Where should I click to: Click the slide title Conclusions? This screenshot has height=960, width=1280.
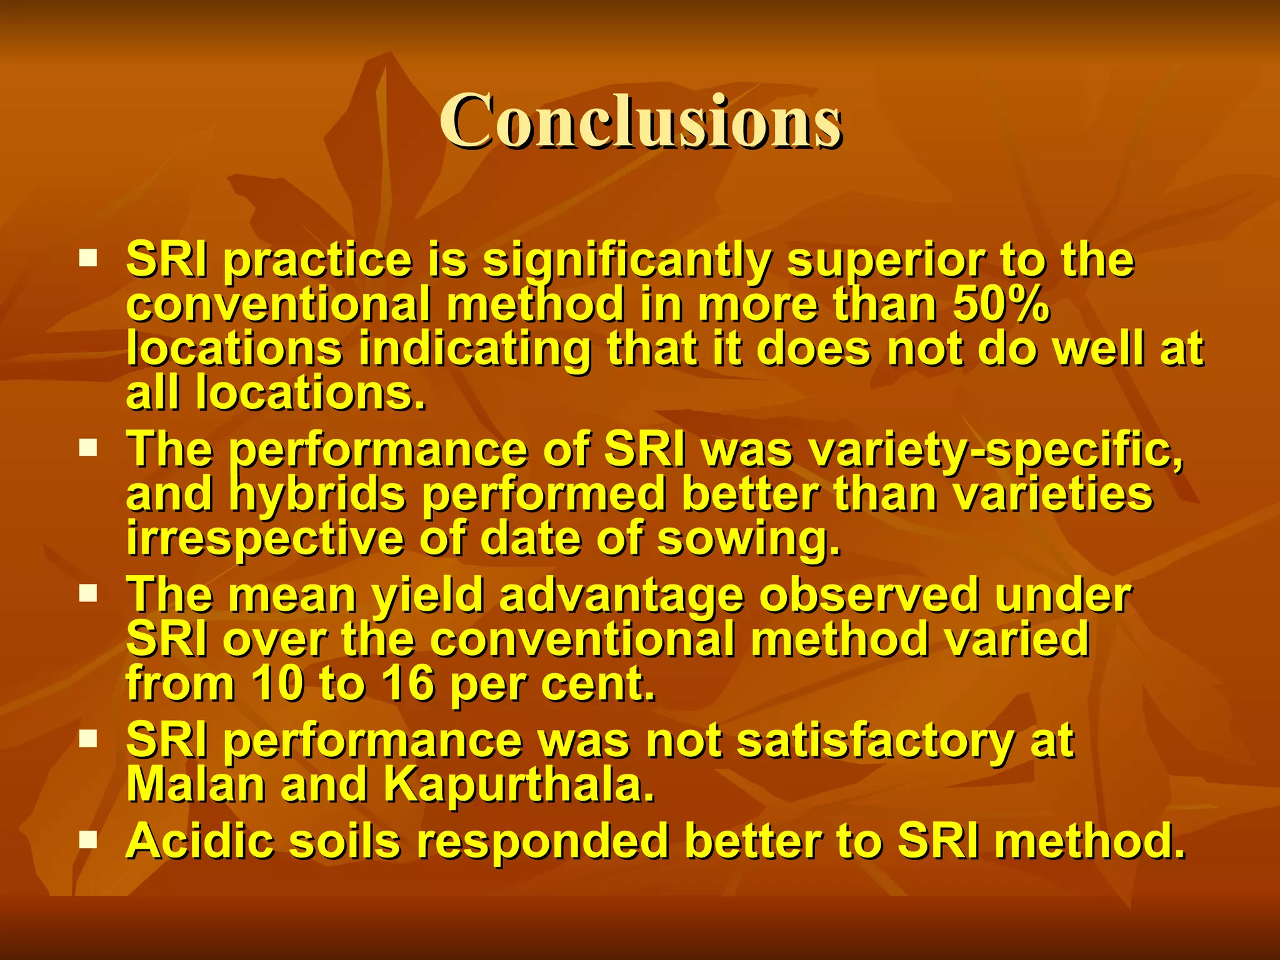[x=640, y=121]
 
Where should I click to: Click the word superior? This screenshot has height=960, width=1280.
[x=885, y=261]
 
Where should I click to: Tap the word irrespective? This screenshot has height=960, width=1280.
[x=265, y=539]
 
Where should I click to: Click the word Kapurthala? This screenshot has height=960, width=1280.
[x=519, y=784]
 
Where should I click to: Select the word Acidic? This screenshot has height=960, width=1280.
[x=200, y=841]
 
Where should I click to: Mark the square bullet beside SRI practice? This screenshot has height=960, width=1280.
[x=88, y=257]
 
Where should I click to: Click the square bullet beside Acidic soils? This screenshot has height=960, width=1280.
[x=88, y=839]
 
